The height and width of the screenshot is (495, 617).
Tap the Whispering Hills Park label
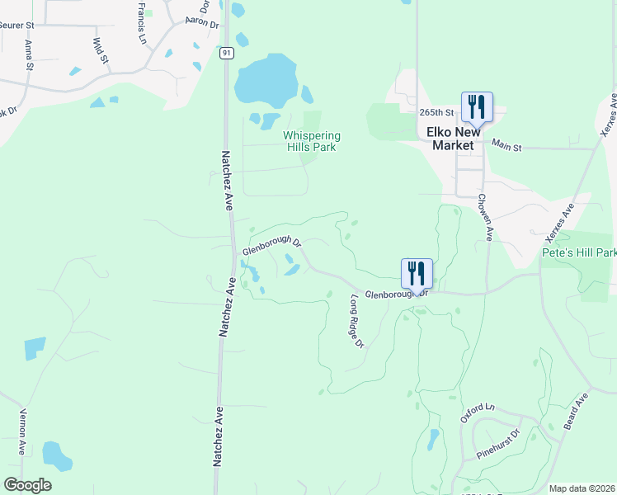312,141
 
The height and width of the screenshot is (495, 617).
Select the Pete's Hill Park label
579,252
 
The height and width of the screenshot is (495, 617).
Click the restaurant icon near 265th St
477,107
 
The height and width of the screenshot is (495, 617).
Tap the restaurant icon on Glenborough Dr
417,274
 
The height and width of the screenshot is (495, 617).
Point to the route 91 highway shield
227,52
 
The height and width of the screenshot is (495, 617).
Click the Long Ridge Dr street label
357,321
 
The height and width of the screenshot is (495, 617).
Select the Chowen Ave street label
485,217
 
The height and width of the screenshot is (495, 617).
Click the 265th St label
437,112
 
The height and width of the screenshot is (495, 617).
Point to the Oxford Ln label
477,413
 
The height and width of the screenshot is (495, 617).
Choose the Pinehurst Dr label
498,445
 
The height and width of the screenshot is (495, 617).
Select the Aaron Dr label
202,22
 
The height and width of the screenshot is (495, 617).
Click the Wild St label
101,50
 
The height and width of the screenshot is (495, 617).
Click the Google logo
28,485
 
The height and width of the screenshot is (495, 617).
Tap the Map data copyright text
582,488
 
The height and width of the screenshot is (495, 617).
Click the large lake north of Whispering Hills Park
266,81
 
